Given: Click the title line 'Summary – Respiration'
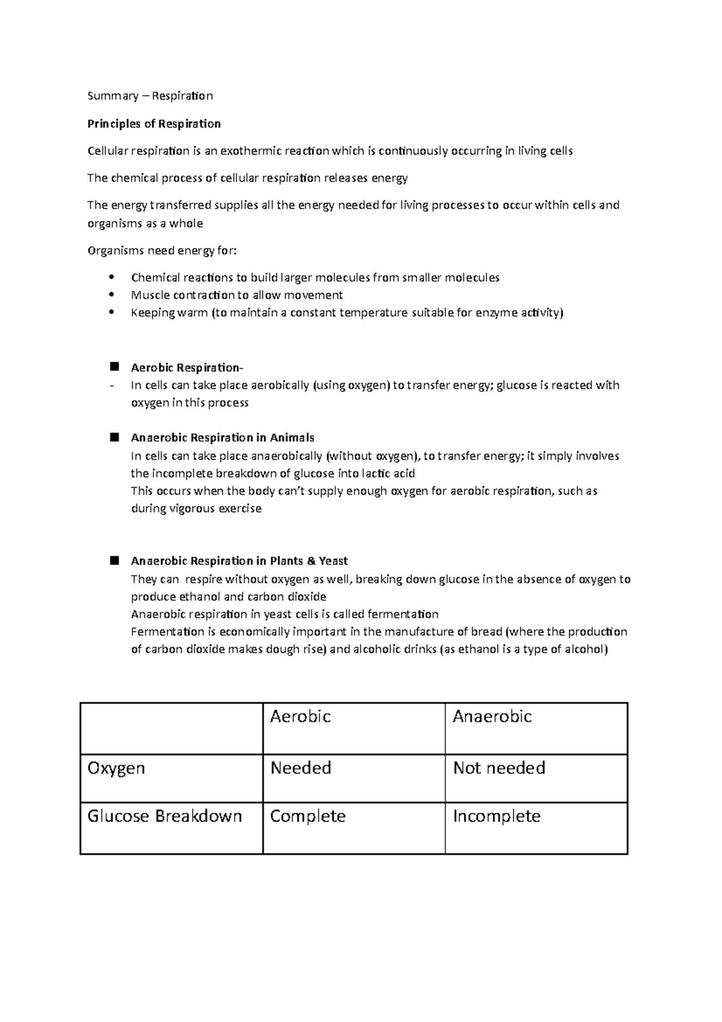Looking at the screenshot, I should pos(150,96).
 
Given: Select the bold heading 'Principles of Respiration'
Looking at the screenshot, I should pos(154,124).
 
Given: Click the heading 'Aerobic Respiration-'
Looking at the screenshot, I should pos(187,368).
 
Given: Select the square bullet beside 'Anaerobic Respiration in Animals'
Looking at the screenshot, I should pos(114,438).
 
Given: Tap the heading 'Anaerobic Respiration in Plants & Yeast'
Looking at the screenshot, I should pos(239,561).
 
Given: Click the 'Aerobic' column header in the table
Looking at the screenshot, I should pos(300,717).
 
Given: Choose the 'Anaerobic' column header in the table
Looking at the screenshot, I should pos(492,717).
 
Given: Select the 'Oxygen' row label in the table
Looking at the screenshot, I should pos(116,769).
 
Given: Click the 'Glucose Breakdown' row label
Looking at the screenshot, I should pos(164,817).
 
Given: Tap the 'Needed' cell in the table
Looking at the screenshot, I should pos(301,768).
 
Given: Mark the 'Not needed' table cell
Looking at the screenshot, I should pos(499,768).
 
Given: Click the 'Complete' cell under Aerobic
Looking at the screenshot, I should pos(307,817).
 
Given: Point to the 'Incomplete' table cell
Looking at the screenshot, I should pos(496,817).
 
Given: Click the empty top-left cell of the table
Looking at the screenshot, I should pos(171,728).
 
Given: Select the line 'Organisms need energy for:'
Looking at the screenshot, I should pos(162,251).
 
